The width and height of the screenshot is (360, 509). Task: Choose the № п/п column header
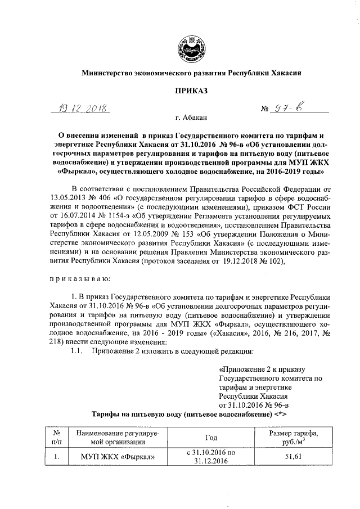[x=56, y=437]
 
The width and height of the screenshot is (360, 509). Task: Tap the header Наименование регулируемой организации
[x=115, y=437]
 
